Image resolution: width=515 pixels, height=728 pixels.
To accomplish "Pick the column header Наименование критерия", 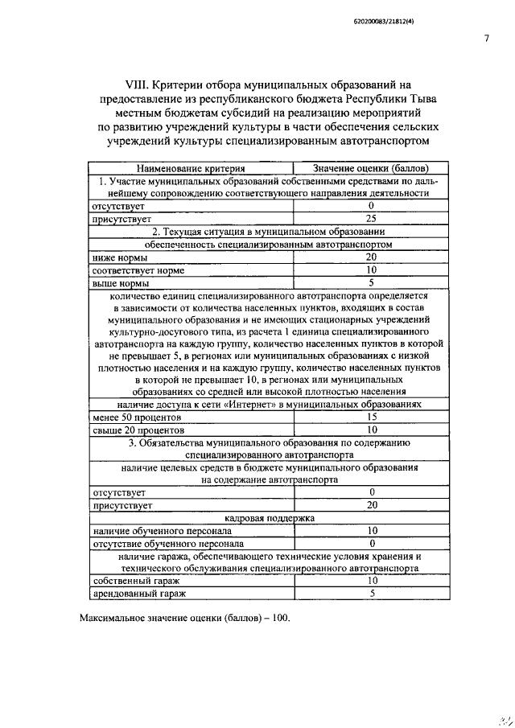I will tap(191, 169).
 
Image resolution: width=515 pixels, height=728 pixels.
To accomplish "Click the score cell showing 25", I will tap(372, 218).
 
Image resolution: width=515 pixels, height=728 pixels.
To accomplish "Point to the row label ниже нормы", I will tap(120, 257).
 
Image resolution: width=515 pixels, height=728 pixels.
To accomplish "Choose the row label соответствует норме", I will tap(138, 270).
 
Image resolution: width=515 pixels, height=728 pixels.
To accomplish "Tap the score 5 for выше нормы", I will tap(372, 283).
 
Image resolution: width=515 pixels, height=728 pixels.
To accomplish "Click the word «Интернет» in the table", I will tap(253, 405).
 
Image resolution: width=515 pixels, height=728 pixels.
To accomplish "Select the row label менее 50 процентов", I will tap(137, 417).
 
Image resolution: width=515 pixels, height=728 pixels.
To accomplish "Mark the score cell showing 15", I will tap(372, 417).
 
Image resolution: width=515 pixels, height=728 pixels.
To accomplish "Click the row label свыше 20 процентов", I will tap(138, 430).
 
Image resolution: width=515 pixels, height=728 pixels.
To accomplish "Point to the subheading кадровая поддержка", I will tap(270, 518).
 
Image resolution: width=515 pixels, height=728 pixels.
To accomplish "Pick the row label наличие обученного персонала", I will tap(163, 531).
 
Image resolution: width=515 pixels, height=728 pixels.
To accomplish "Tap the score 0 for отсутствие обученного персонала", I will tap(372, 544).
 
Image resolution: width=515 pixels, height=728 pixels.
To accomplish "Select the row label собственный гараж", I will tap(136, 580).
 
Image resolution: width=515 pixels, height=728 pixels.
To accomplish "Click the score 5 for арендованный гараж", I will tap(372, 593).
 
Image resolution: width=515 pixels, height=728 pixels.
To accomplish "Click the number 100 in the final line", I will tap(275, 619).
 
